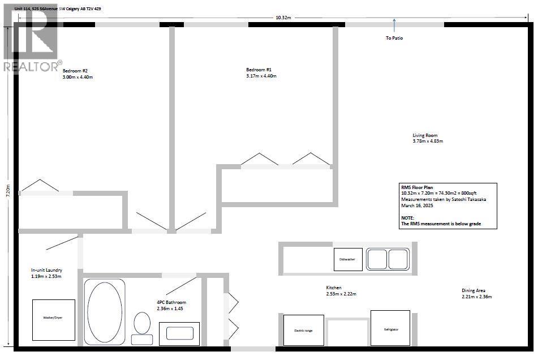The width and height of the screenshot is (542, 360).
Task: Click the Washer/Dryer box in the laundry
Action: tap(54, 320)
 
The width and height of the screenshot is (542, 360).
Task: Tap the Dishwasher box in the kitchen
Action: tap(348, 259)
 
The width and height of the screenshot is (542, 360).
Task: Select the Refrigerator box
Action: tap(390, 328)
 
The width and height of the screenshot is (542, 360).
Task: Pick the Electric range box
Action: tap(303, 330)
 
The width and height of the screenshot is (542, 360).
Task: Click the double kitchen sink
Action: tap(388, 259)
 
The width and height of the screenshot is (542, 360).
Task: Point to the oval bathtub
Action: tap(105, 312)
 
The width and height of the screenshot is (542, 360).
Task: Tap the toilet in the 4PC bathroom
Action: tap(142, 328)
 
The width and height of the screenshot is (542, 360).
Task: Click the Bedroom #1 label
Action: tap(259, 70)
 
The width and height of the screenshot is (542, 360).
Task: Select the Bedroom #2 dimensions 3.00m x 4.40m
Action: tap(78, 77)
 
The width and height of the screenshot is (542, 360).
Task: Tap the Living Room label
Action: tap(425, 135)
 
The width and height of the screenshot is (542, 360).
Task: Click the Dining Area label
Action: tap(474, 290)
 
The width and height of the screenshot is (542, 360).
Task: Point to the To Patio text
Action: tap(394, 38)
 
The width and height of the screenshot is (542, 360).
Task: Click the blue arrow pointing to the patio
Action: tap(394, 25)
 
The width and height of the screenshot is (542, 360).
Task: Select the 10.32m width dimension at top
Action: tap(283, 18)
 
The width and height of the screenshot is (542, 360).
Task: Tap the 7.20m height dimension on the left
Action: tap(8, 191)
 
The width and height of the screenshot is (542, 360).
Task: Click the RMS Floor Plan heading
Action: tap(417, 187)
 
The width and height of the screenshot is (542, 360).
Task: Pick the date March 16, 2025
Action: tap(417, 205)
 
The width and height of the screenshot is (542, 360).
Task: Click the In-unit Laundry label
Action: tap(46, 270)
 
